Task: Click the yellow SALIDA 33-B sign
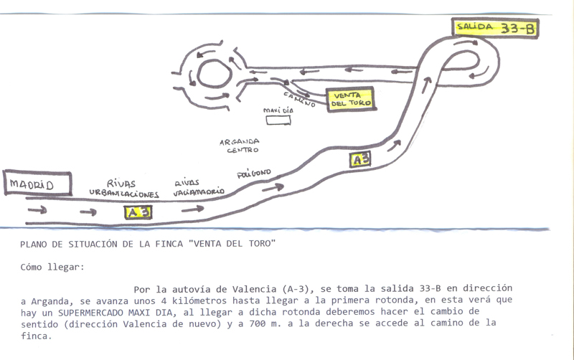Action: pos(495,28)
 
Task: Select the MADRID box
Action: pos(37,184)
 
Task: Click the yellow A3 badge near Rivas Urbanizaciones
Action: pos(138,212)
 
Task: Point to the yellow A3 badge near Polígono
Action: pos(360,160)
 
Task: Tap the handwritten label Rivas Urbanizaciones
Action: pos(123,189)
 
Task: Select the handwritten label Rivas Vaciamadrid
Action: pos(199,188)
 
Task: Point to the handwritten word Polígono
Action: pos(254,174)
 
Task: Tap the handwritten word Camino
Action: pos(299,100)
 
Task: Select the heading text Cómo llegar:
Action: pos(52,267)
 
